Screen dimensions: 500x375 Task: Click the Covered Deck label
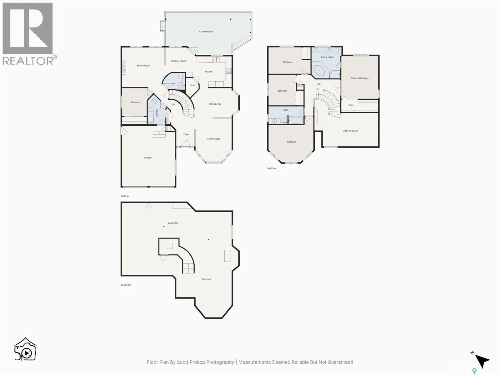[206, 32]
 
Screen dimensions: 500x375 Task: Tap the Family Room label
[143, 66]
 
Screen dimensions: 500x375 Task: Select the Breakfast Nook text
[178, 61]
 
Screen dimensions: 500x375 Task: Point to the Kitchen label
[209, 72]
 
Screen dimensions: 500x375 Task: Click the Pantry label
[192, 85]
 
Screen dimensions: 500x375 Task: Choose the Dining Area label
[215, 104]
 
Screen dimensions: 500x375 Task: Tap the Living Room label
[213, 139]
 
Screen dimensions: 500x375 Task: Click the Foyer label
[186, 134]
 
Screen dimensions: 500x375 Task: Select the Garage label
[147, 158]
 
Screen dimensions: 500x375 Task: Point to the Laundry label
[157, 113]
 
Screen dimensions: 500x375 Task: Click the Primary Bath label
[327, 57]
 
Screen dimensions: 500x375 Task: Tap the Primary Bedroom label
[359, 78]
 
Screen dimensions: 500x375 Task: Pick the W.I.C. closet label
[351, 105]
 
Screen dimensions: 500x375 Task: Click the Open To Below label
[350, 131]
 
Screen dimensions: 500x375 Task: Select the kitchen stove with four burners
[229, 71]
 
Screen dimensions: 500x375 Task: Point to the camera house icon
[25, 349]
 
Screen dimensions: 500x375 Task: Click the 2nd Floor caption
[272, 168]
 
